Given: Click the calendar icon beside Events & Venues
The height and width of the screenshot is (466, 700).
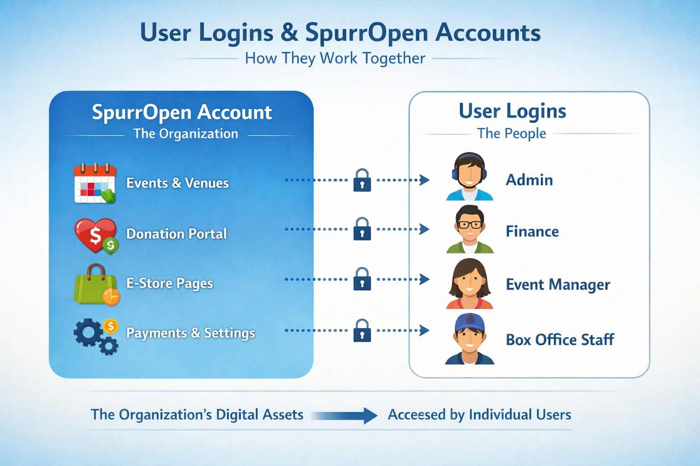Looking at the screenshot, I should tap(95, 183).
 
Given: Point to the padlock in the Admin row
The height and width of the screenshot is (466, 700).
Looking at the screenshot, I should tap(362, 180).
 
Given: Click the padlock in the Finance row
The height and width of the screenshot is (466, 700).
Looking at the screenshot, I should tap(362, 229).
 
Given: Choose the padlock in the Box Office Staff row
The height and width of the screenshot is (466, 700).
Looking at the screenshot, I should tap(362, 330).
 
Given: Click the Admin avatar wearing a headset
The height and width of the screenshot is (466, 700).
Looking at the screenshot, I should tap(469, 177).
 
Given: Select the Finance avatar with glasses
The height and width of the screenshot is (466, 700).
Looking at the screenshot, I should tap(469, 229).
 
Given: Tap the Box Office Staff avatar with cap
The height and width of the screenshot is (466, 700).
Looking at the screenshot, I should tap(469, 339).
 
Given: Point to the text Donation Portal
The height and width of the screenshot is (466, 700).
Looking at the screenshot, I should tap(176, 234).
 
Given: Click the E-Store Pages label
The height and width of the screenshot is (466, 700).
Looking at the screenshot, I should tap(170, 284).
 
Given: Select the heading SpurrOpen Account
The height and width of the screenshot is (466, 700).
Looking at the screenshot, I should tap(182, 112).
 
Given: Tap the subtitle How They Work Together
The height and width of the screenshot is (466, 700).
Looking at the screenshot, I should tap(335, 58).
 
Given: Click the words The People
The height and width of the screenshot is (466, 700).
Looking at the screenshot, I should tap(511, 133).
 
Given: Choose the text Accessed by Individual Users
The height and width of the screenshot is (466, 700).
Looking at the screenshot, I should tap(479, 415).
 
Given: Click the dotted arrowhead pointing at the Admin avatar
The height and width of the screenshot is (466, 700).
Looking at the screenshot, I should tap(425, 180).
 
